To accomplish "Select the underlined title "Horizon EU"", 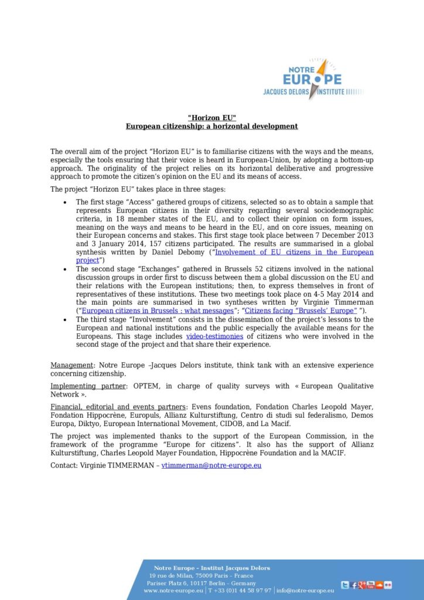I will pos(211,117).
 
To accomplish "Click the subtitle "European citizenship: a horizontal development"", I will pos(211,126).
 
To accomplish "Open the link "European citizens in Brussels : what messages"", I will pos(158,311).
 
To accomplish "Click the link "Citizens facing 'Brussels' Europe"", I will pos(300,311).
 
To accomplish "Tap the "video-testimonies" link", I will pos(214,336).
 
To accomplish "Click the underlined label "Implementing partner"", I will pos(87,386).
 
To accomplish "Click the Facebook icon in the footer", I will pos(354,585).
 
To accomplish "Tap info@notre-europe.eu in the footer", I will pos(305,591).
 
